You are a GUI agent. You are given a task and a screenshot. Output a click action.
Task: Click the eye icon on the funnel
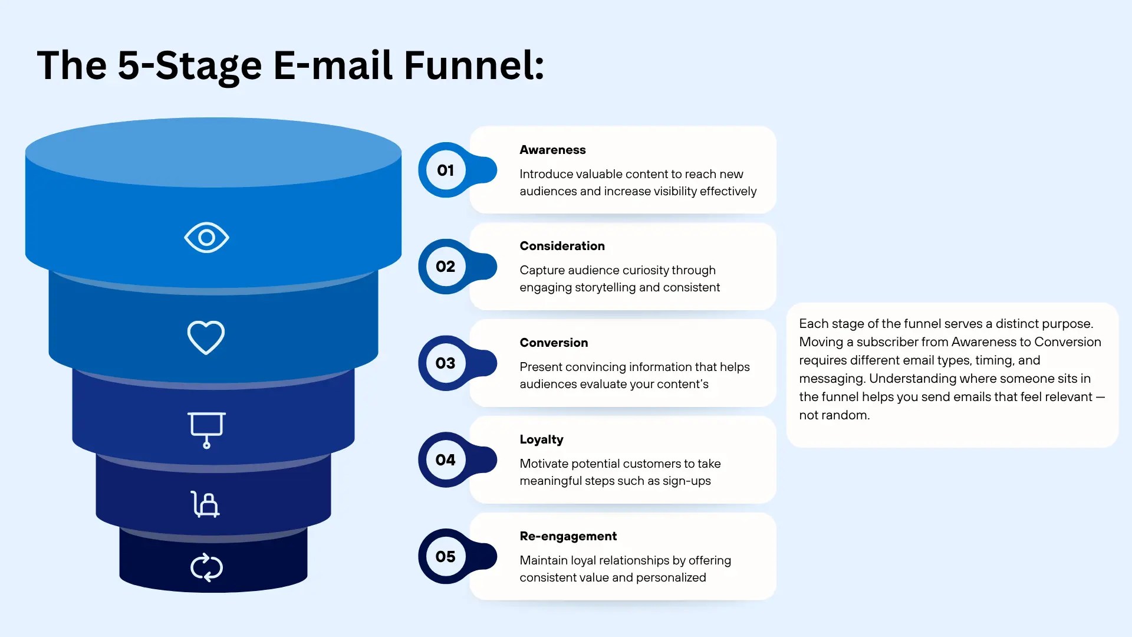click(206, 237)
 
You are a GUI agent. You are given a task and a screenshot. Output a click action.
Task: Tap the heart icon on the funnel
click(206, 337)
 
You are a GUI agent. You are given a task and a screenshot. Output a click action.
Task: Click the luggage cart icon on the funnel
click(205, 504)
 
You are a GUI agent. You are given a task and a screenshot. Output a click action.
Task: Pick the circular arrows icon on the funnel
click(206, 567)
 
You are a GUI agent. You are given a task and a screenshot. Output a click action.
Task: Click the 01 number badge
click(446, 170)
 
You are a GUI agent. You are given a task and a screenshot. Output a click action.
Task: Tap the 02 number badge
click(446, 267)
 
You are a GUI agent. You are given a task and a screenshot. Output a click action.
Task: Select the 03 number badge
click(446, 363)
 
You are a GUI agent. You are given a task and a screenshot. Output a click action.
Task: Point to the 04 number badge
click(446, 460)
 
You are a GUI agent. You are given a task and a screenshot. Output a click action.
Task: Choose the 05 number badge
click(446, 557)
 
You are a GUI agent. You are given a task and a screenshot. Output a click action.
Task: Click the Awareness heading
click(552, 150)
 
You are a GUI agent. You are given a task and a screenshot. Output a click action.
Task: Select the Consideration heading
click(562, 246)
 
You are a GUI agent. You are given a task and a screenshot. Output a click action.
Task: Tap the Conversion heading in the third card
click(554, 343)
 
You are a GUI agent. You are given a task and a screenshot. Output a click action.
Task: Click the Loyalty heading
click(541, 440)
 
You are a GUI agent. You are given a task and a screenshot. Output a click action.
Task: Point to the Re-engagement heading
click(568, 537)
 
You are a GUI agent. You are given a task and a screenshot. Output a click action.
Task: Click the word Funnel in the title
click(473, 65)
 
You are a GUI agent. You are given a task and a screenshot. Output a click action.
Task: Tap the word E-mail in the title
click(333, 65)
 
